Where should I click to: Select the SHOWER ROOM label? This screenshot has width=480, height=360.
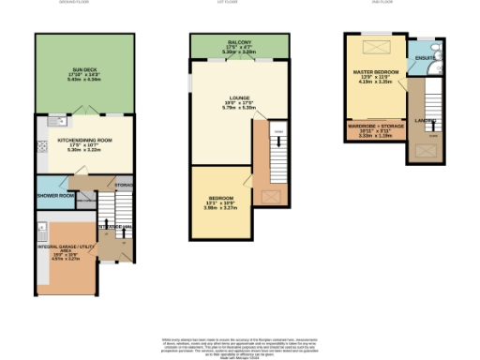point(53,196)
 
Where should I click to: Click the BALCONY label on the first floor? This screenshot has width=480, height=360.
point(237,43)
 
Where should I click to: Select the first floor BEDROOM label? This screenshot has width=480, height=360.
point(220,199)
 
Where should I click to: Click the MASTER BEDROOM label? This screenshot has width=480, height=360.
point(375,72)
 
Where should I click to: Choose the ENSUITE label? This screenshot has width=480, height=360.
point(425,59)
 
